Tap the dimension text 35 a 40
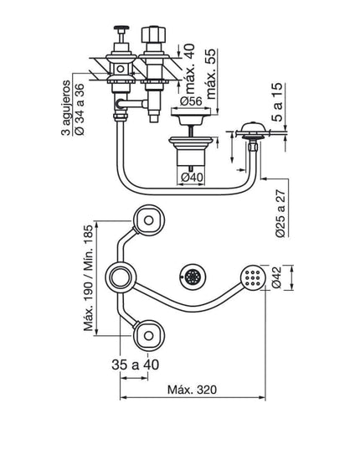tap(136, 365)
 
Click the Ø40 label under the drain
tap(192, 177)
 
